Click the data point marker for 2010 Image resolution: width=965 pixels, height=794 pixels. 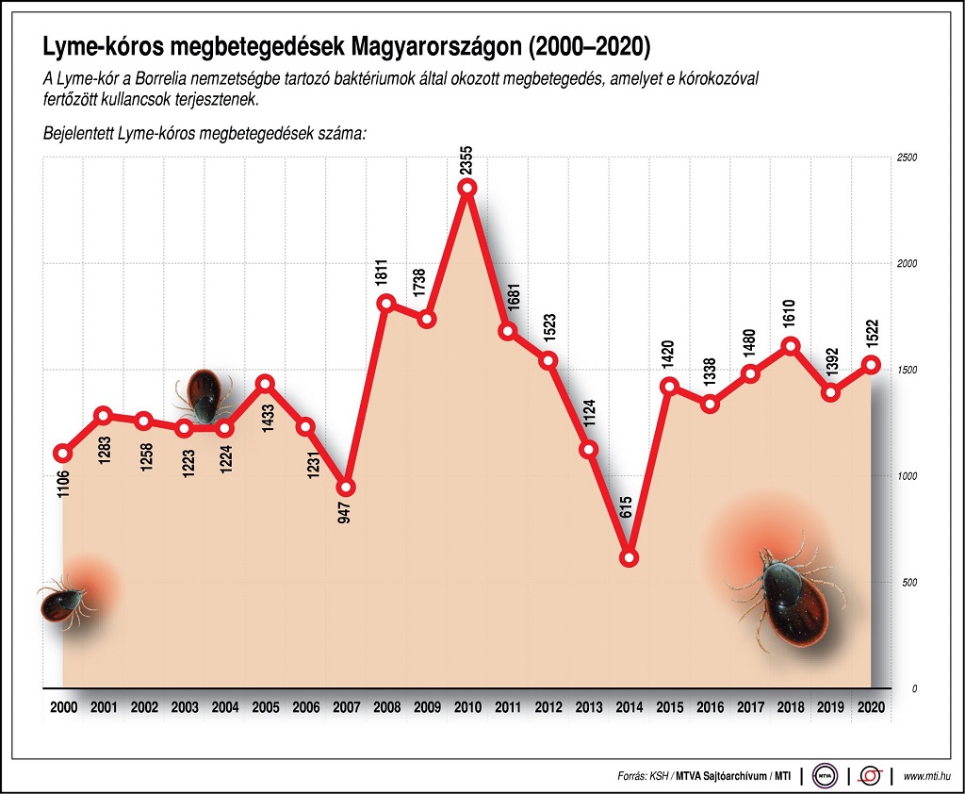467,188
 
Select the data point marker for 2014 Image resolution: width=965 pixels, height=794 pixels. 629,557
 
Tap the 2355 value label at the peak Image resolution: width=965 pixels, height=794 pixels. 466,157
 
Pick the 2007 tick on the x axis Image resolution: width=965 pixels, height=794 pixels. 346,707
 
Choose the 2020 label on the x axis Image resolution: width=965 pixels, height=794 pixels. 871,707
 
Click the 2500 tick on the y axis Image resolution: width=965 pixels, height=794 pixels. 907,157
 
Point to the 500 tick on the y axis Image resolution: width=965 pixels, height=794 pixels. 908,583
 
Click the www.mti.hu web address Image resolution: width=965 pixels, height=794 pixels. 927,776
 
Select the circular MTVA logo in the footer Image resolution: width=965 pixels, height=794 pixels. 826,776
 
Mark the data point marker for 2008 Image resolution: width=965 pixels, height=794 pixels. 386,303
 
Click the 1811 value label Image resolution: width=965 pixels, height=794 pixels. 385,272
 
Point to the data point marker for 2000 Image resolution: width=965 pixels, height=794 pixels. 63,453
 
